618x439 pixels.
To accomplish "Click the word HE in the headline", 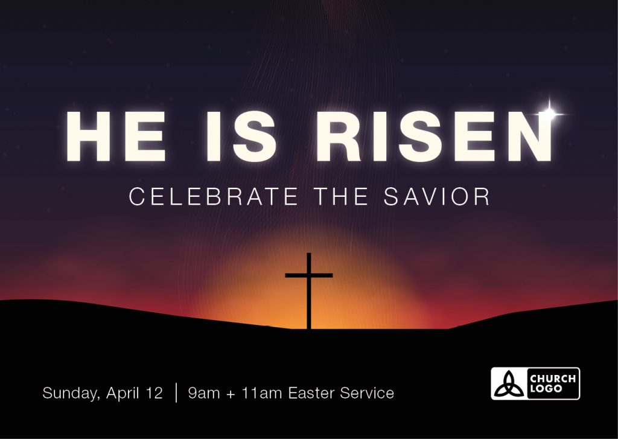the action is (115, 136).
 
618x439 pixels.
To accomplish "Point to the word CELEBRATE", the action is (213, 196).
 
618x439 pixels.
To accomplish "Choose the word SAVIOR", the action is (437, 196).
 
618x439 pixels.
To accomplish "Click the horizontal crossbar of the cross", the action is (309, 275).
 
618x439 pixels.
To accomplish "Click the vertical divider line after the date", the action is (176, 393).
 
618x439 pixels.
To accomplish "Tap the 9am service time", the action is (204, 393).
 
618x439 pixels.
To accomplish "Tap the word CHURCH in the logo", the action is (553, 379).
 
